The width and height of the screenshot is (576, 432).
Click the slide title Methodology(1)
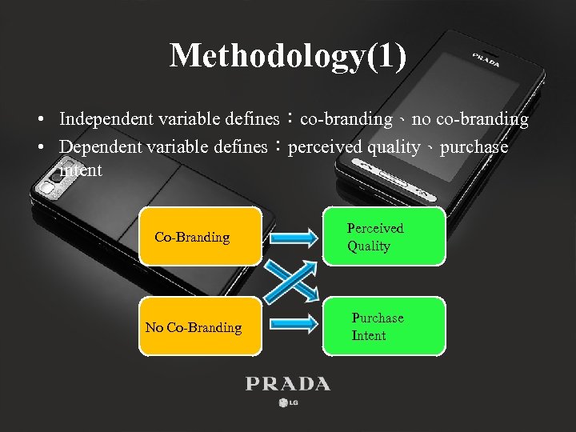[288, 55]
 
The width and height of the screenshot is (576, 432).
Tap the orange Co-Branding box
[201, 237]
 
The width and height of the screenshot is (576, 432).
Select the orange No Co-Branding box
[201, 327]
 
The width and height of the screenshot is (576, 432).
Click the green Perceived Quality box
[384, 237]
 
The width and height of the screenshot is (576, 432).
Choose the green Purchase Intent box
[384, 326]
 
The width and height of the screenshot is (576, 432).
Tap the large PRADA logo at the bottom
[288, 384]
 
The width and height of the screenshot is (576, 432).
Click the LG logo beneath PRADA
[288, 402]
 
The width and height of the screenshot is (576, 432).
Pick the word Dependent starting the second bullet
[94, 147]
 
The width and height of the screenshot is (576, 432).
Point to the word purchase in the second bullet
[474, 147]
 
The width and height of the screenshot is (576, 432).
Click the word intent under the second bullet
[81, 170]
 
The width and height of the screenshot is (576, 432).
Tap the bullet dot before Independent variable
[39, 120]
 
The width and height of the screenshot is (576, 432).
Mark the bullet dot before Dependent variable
[39, 148]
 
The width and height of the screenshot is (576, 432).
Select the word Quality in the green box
[369, 246]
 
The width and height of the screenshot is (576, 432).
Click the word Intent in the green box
[369, 336]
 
